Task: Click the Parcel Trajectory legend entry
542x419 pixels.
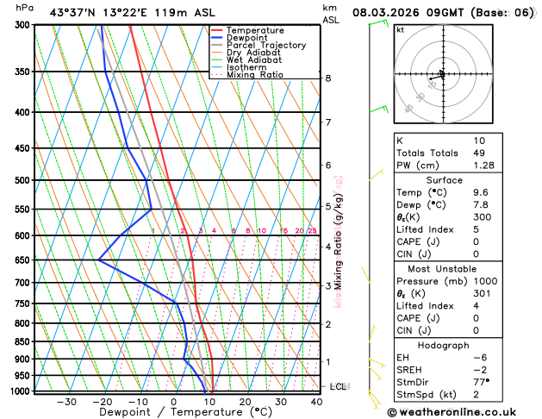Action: (x=266, y=45)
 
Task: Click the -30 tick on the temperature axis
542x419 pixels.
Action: (x=66, y=402)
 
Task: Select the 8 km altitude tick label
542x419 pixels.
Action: (x=327, y=78)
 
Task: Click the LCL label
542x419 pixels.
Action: (x=338, y=387)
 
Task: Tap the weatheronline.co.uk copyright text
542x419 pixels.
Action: (x=462, y=412)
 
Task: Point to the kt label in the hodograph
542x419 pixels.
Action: (x=400, y=30)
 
